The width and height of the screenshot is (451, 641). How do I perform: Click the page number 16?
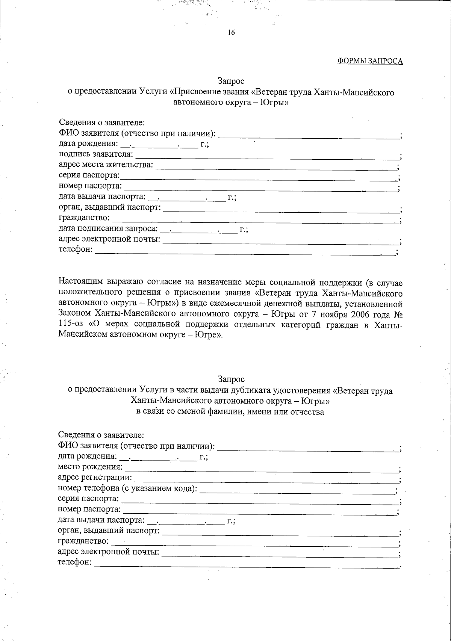coord(231,33)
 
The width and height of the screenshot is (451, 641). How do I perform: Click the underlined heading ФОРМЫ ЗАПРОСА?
coord(370,61)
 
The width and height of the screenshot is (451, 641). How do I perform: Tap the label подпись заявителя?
coord(95,154)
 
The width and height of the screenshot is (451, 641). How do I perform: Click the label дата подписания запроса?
coord(108,228)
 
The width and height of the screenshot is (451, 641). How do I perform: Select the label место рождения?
coord(90,467)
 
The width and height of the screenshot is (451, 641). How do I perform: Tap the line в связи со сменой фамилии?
coord(230,411)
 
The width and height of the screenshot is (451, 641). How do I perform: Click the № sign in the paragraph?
coord(397,314)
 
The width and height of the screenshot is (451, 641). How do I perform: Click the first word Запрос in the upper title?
coord(231,81)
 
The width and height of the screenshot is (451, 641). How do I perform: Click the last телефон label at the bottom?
coord(74,562)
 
